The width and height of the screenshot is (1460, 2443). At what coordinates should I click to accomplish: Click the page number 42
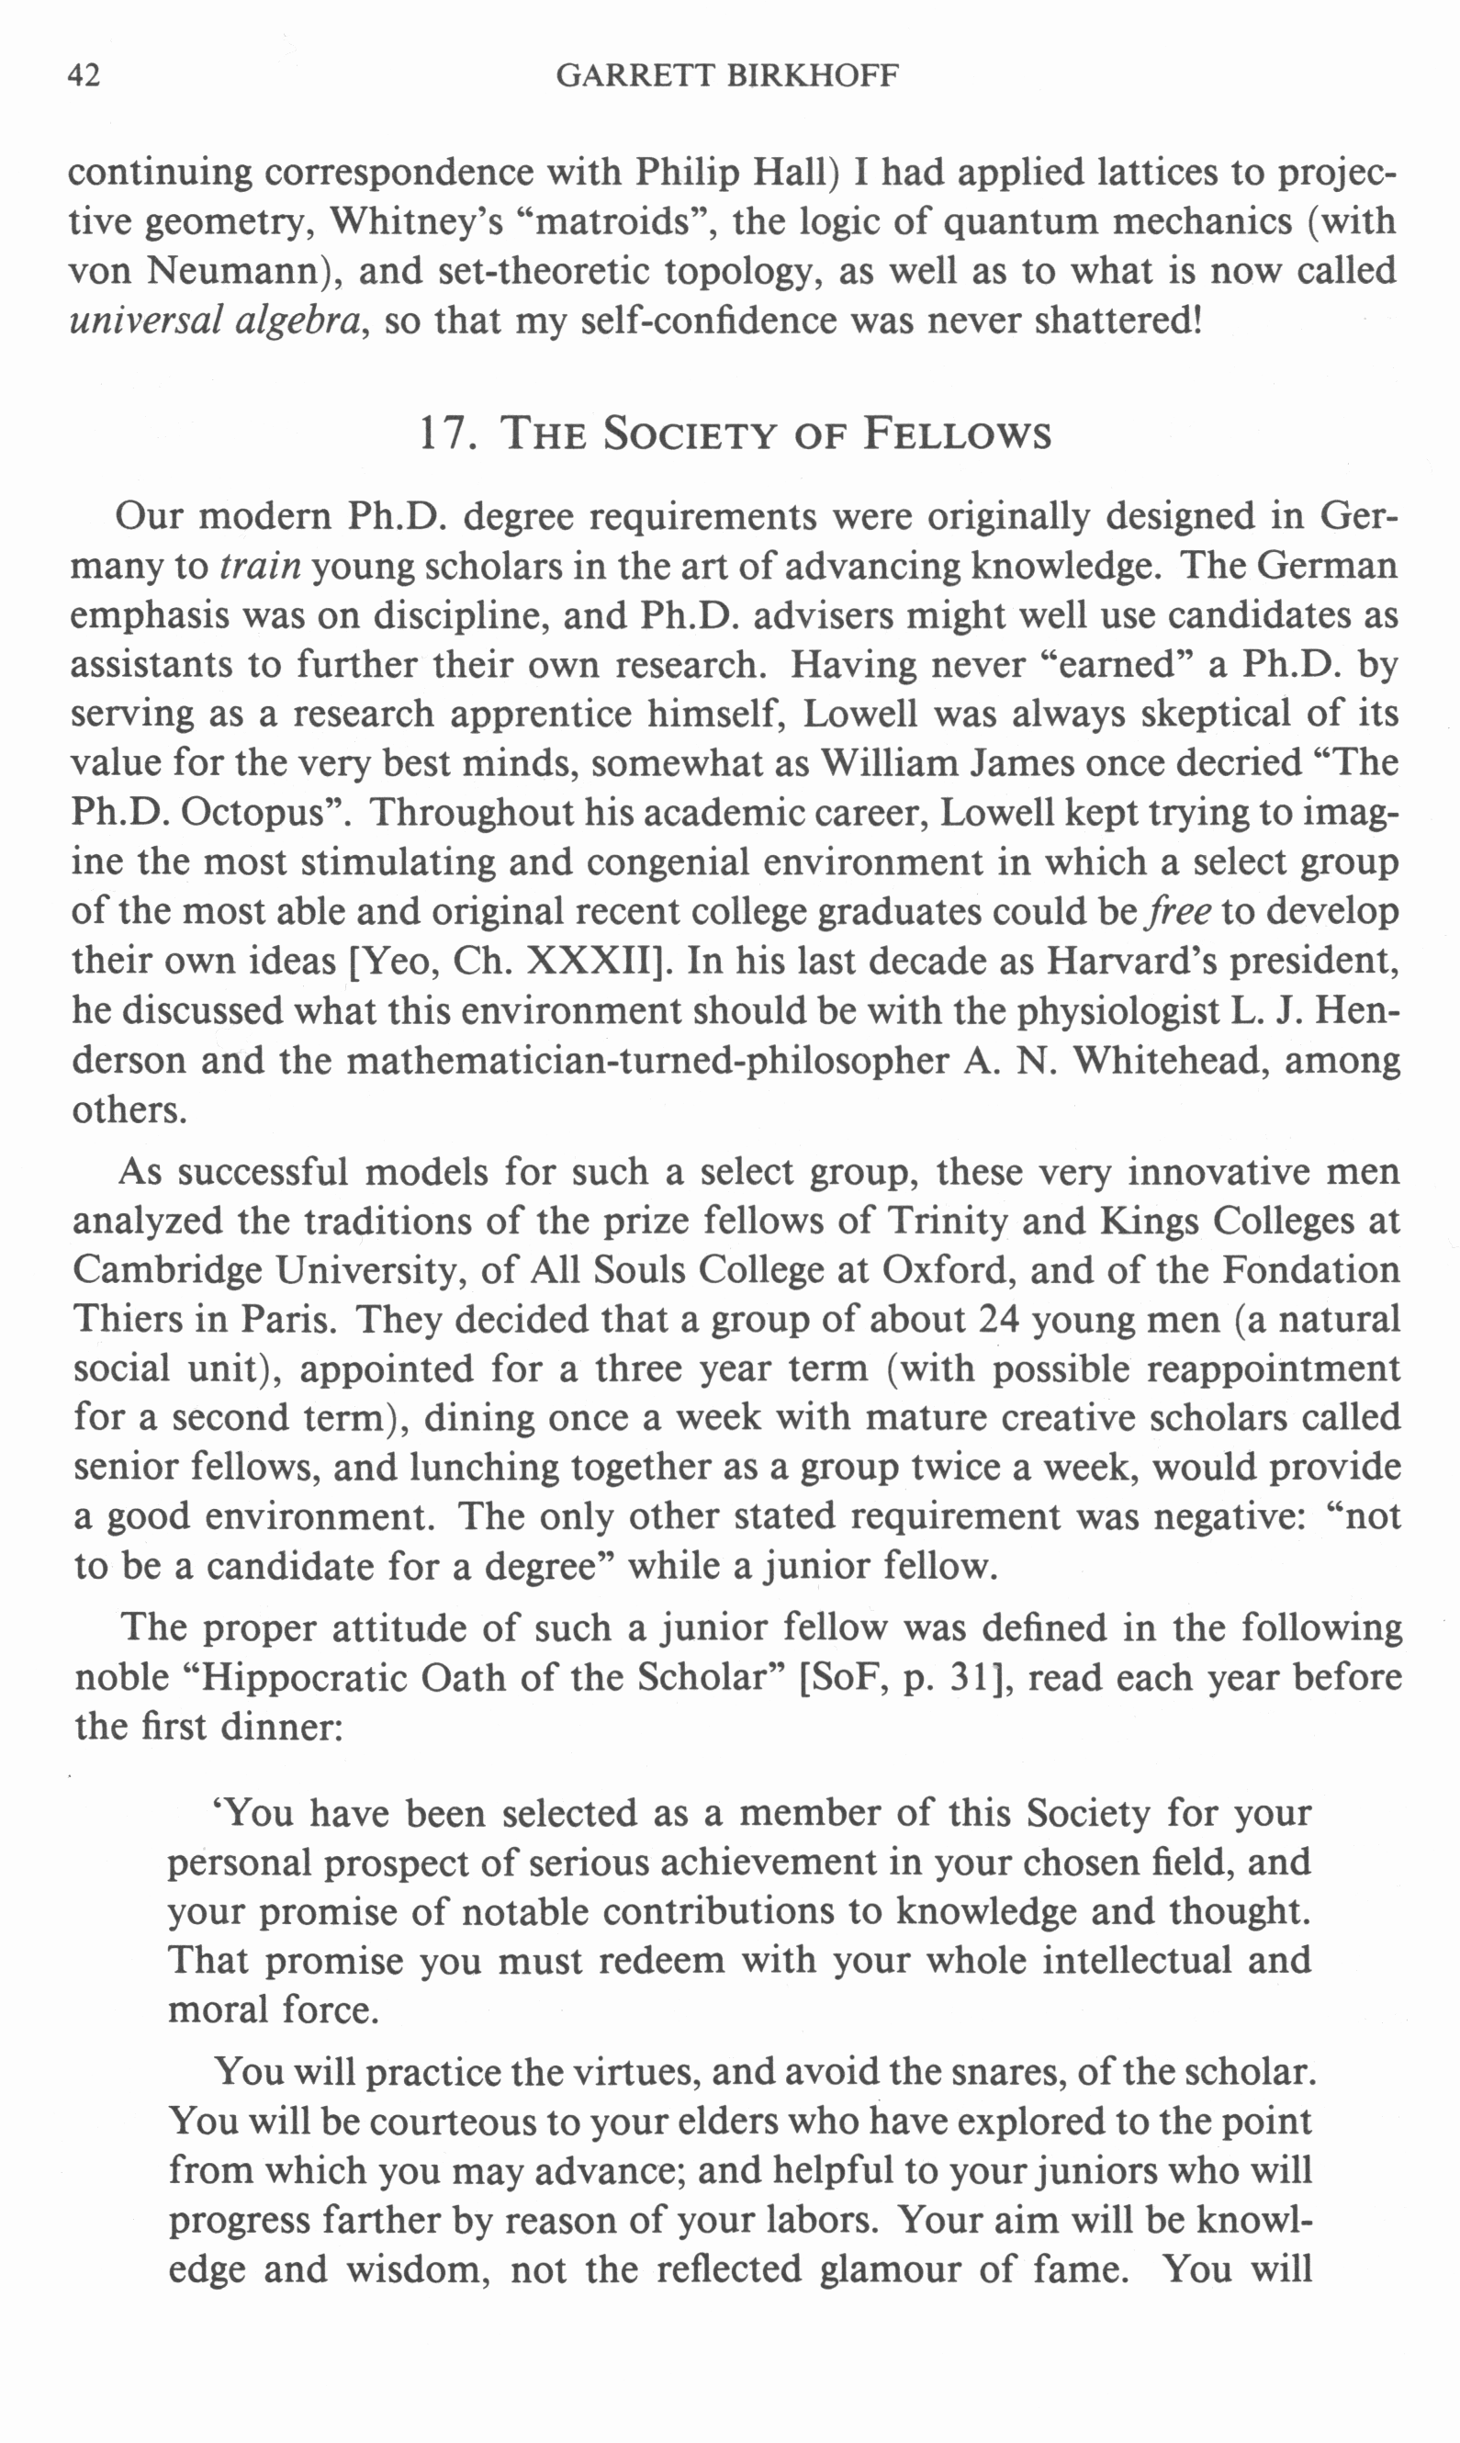84,75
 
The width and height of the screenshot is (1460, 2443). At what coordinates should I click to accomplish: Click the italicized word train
260,567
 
